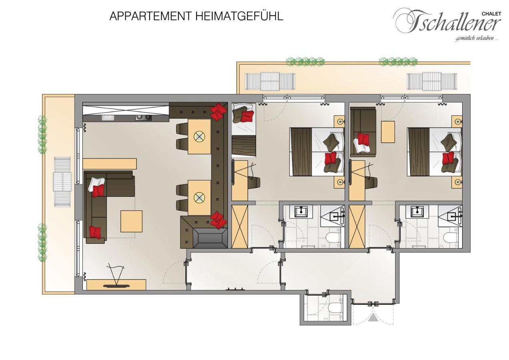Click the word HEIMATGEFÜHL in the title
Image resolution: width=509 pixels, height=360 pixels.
coord(239,16)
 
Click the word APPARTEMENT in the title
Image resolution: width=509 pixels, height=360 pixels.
coord(150,16)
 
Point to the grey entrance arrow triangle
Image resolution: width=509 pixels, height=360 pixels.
coord(373,317)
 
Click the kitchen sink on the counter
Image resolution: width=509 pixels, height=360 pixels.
coord(108,118)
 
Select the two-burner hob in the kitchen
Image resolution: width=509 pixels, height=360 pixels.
coord(144,118)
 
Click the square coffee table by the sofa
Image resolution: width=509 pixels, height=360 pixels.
coord(131,221)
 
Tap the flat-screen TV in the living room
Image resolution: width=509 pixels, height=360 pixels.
coord(116,286)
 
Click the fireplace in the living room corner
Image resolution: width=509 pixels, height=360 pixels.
coord(210,238)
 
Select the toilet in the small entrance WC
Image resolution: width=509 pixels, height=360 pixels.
coord(335,308)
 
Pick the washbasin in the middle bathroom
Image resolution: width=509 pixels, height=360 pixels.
coord(301,212)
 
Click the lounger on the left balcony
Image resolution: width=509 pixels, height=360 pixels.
coord(62,182)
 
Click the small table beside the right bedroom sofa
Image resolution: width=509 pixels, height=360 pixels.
coord(388,132)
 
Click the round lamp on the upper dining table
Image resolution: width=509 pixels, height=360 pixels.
coord(199,137)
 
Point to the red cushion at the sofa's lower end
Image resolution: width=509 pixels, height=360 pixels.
coord(95,232)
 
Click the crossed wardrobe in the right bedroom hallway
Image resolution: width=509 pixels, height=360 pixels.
coord(357,226)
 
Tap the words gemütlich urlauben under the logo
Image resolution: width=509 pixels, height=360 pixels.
coord(477,39)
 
